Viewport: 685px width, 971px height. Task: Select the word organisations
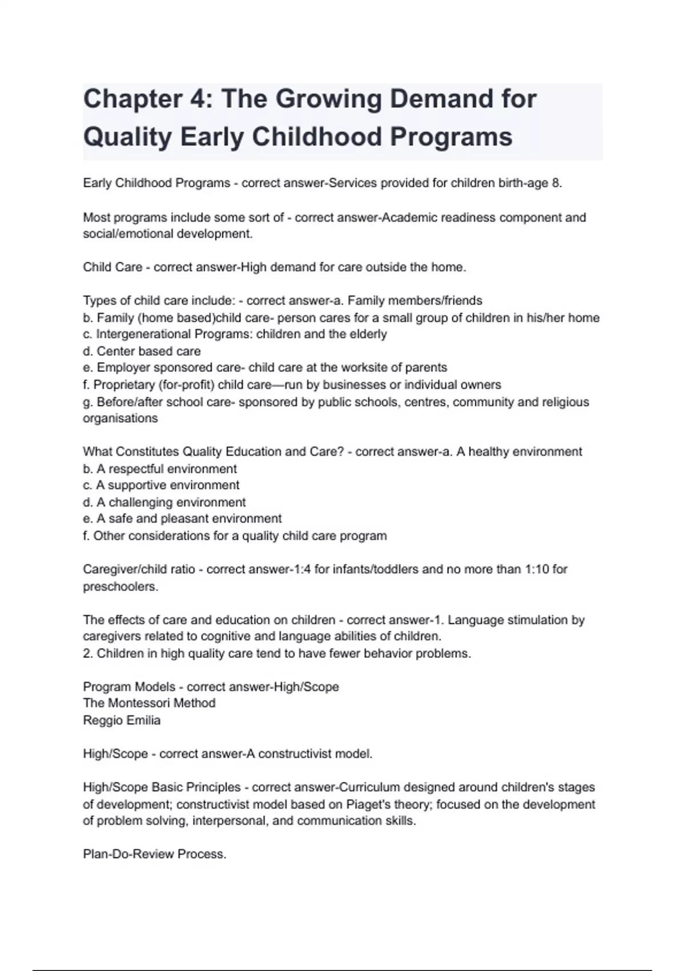point(120,419)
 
